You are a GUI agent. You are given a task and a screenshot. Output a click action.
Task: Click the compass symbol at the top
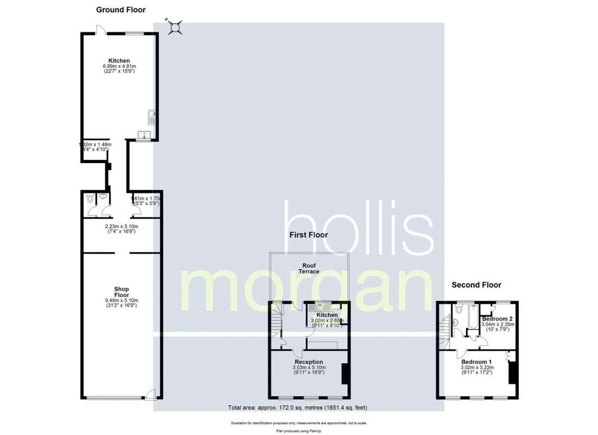(x=175, y=27)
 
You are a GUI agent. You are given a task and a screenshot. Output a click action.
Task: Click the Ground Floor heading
(x=121, y=10)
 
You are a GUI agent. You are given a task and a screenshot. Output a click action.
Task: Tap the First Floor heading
(x=308, y=235)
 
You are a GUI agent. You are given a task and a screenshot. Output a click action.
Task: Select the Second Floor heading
(x=477, y=284)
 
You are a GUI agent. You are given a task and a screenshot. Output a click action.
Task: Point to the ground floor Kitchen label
(x=119, y=60)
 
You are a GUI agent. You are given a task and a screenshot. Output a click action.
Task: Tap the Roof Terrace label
(x=311, y=268)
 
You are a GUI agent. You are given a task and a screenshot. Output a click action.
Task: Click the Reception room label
(x=309, y=362)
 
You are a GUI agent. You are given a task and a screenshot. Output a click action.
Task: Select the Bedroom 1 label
(x=476, y=362)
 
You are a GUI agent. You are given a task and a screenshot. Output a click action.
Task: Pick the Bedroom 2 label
(x=497, y=319)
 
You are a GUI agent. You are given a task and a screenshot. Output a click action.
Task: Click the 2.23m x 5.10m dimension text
(x=121, y=226)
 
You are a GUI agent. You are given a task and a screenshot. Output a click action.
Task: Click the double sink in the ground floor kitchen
(x=145, y=134)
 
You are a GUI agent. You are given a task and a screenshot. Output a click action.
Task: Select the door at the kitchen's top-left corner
(x=99, y=30)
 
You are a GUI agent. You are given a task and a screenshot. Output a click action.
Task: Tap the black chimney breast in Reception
(x=344, y=374)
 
